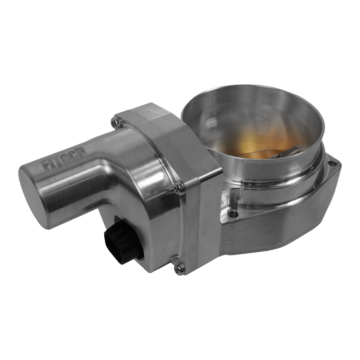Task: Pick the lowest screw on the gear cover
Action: pos(180,266)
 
